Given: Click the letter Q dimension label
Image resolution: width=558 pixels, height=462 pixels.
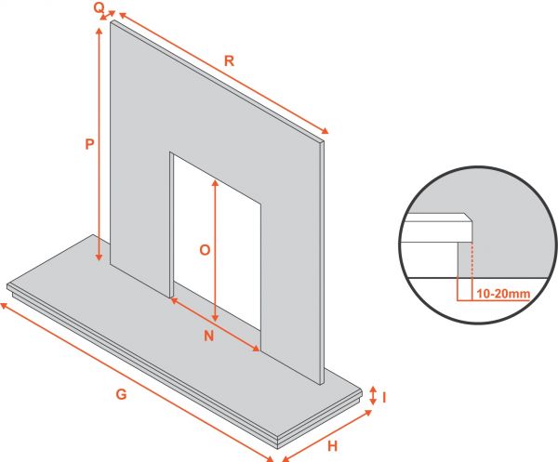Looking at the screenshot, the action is [99, 7].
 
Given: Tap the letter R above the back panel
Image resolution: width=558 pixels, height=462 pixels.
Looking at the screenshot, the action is [229, 61].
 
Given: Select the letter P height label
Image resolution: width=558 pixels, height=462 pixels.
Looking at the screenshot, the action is [89, 144].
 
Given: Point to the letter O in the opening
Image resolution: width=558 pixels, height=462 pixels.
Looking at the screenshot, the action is [205, 250].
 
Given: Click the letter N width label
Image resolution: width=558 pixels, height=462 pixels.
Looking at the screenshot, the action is [209, 336].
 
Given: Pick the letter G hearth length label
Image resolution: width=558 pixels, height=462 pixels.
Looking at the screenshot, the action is [121, 394].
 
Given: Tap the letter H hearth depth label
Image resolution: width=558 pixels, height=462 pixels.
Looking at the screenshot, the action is [332, 446].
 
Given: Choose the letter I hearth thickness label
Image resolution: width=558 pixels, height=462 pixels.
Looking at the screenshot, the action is [384, 398].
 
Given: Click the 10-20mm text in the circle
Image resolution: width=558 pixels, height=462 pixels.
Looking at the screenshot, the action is [503, 294].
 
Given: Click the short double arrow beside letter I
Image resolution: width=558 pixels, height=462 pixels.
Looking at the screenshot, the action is [373, 395].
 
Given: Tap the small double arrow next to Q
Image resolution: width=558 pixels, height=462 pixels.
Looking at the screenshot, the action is [108, 15].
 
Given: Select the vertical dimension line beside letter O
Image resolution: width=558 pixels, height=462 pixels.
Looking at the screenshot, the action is [215, 251].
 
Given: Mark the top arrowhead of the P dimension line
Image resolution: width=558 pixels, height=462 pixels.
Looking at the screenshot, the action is [100, 32].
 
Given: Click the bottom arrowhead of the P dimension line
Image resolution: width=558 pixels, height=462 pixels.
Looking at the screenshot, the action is [100, 257].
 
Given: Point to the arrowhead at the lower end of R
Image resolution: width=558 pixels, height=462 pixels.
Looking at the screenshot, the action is [325, 131].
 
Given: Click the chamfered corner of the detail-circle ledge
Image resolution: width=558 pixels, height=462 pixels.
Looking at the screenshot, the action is [469, 218].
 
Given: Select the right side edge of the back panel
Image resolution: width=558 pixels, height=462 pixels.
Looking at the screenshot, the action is [323, 262].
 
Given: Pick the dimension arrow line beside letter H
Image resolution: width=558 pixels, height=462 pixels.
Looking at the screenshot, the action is [326, 436].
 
